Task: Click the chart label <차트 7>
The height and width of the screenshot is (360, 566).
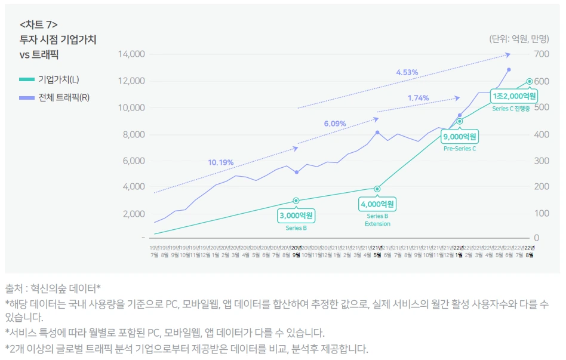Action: pos(39,24)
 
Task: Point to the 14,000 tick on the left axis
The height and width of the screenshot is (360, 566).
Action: pos(132,54)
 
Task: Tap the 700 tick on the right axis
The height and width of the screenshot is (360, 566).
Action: pos(542,54)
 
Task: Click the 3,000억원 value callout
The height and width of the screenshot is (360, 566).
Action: pos(296,215)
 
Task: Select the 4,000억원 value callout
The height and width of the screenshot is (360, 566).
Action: pos(377,204)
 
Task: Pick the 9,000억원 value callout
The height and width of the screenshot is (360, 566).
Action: pos(460,137)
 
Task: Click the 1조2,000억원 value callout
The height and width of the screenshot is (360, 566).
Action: pos(514,96)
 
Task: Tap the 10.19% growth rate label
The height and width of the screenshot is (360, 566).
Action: pos(220,162)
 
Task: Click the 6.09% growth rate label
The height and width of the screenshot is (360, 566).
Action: pos(335,124)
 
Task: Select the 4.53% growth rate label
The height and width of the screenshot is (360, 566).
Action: pos(407,72)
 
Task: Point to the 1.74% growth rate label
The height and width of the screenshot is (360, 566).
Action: pos(418,98)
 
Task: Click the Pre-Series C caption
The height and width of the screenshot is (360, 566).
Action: pos(460,149)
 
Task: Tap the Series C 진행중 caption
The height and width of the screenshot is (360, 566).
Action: pos(511,109)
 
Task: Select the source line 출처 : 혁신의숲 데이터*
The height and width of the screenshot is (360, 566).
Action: pos(53,288)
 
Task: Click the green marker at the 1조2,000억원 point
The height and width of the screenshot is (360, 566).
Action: pos(529,81)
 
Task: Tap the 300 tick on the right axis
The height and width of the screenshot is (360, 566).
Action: pos(542,161)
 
